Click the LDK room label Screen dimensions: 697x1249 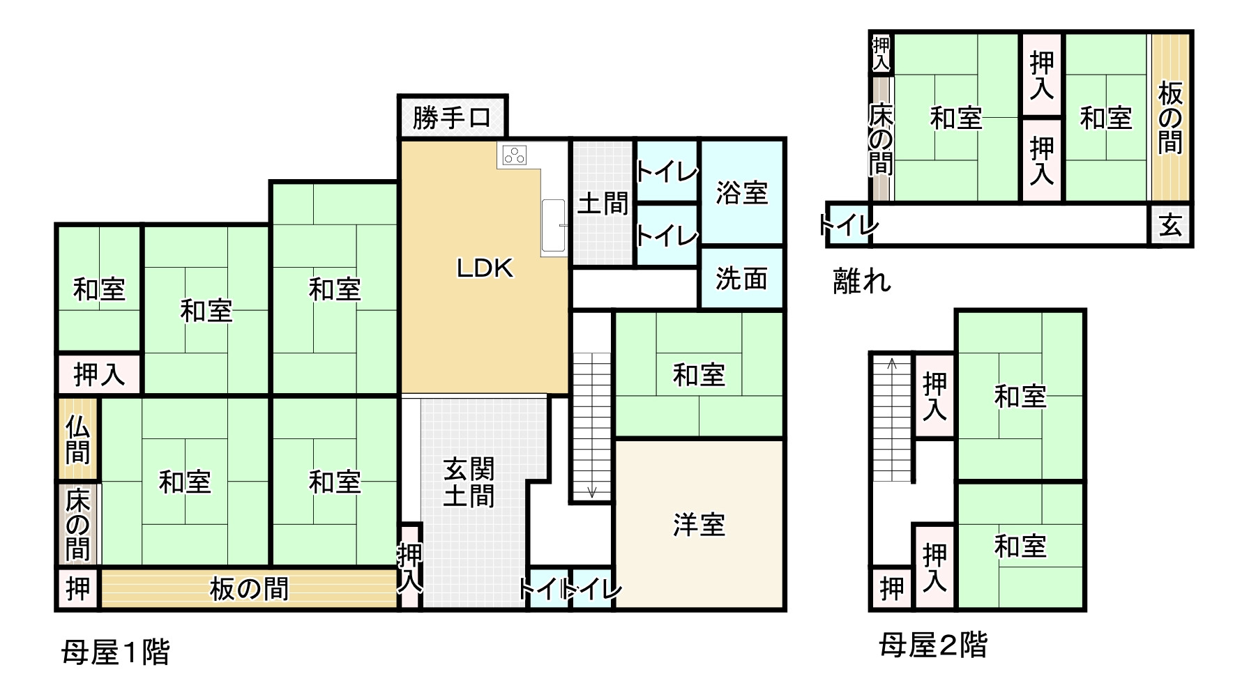pos(485,268)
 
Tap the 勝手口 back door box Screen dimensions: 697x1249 pos(452,117)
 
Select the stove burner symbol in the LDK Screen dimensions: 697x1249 pos(515,155)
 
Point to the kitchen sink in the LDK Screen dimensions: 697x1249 pos(554,226)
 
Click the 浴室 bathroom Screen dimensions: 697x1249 pos(742,192)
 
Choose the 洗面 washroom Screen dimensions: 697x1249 pos(742,279)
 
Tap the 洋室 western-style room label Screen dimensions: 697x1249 pos(699,524)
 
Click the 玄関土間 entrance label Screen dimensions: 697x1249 pos(469,482)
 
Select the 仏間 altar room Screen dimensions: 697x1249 pos(77,439)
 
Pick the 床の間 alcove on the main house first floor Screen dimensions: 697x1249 pos(77,524)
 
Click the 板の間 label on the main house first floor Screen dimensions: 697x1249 pos(249,590)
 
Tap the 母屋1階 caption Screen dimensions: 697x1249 pos(116,653)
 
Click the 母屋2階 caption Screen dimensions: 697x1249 pos(933,645)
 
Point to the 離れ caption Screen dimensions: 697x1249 pos(863,281)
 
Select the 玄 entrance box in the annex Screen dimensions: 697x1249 pos(1170,225)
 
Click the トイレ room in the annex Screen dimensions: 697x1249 pos(848,225)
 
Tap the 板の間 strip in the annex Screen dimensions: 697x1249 pos(1169,117)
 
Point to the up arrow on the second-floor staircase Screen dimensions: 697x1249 pos(892,362)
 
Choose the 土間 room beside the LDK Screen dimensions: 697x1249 pos(603,204)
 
